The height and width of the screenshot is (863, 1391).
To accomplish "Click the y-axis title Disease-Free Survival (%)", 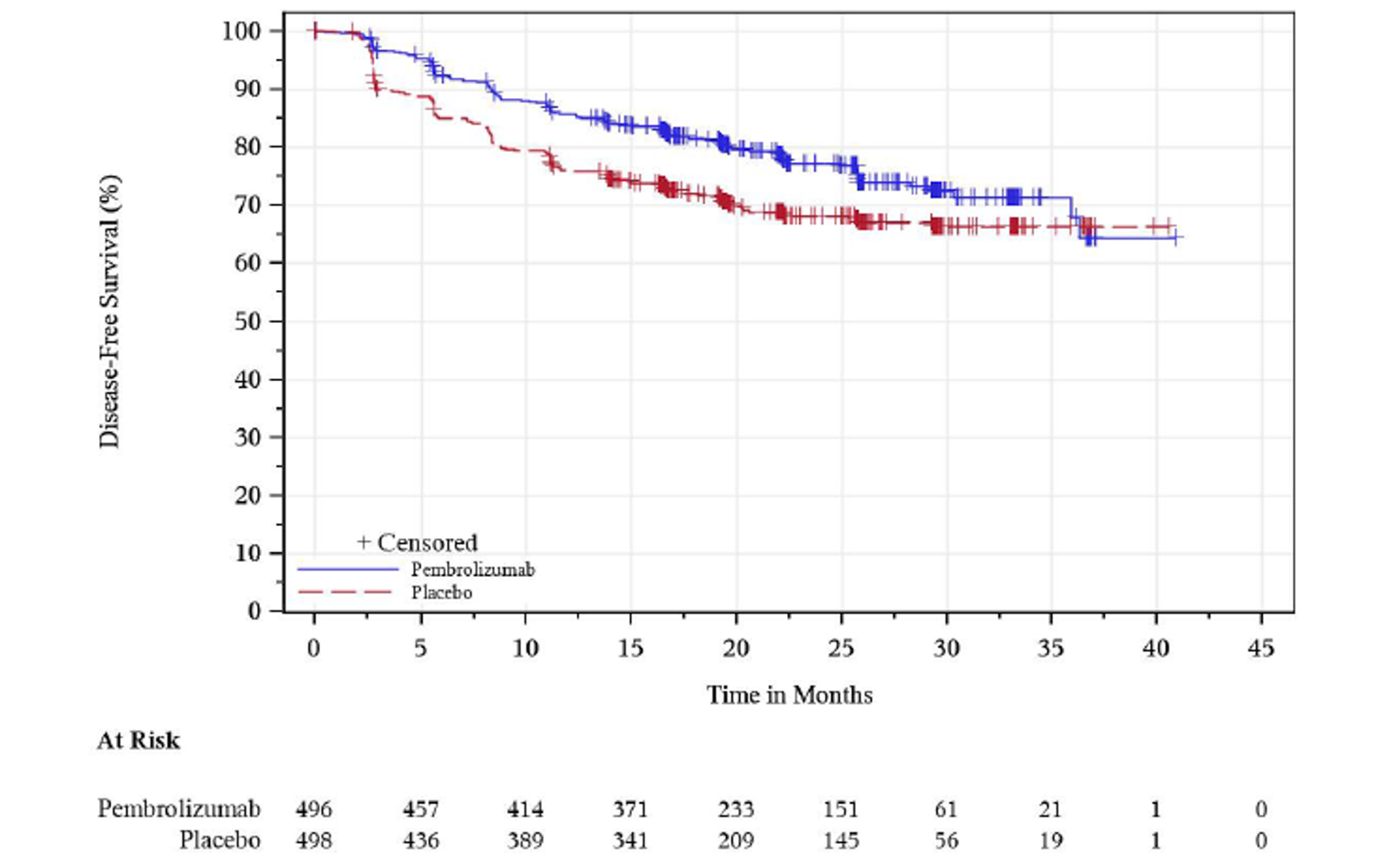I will click(109, 312).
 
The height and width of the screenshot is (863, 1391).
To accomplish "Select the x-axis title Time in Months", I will click(789, 695).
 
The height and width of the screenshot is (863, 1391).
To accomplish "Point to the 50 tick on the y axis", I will click(247, 321).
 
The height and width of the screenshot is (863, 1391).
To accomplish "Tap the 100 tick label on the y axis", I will click(241, 31).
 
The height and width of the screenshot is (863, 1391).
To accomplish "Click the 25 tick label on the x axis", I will click(841, 648).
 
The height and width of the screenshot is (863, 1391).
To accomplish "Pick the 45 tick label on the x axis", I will click(1261, 648).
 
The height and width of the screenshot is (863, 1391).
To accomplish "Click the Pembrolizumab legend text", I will click(473, 570).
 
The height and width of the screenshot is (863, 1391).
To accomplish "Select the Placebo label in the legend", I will click(441, 593).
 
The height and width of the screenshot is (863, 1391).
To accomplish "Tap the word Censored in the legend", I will click(426, 543).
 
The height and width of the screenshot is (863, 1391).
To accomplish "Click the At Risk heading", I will click(138, 740).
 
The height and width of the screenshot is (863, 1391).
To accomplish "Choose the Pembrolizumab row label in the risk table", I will click(178, 808).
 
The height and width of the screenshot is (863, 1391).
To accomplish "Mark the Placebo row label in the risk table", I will click(219, 840).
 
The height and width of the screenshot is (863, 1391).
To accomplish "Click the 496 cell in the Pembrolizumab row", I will click(314, 808).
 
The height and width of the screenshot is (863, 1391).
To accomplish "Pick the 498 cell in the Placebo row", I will click(314, 840).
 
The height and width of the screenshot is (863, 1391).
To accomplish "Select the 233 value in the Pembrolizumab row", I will click(736, 808).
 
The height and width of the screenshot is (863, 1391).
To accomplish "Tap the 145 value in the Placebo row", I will click(841, 840).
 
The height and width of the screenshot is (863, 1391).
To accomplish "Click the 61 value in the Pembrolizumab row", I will click(946, 808).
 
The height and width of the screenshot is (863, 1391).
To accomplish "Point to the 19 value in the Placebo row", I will click(1051, 840).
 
